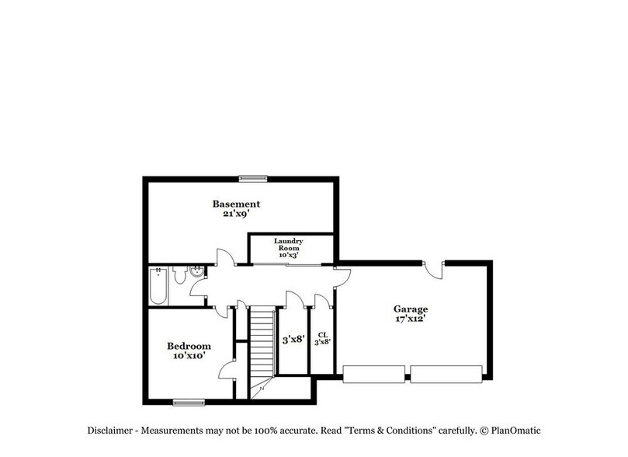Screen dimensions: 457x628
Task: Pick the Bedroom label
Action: coord(189,346)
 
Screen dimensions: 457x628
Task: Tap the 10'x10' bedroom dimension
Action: coord(189,357)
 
